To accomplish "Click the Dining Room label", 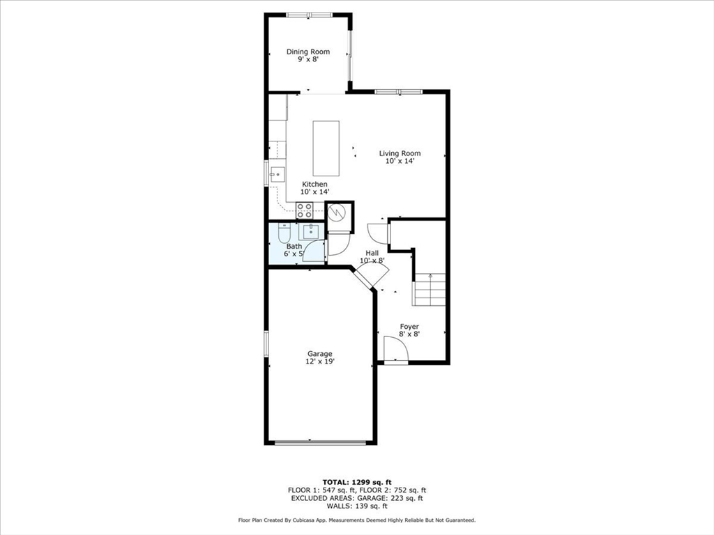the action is pyautogui.click(x=307, y=52).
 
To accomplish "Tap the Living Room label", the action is pyautogui.click(x=400, y=153).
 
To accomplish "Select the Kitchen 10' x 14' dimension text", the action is pyautogui.click(x=314, y=192).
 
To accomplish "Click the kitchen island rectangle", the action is pyautogui.click(x=326, y=148).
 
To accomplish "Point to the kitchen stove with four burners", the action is pyautogui.click(x=305, y=210).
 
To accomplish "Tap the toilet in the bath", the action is pyautogui.click(x=284, y=233).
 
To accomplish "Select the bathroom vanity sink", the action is pyautogui.click(x=312, y=231).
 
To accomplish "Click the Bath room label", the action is pyautogui.click(x=294, y=246).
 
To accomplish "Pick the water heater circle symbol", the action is pyautogui.click(x=338, y=212).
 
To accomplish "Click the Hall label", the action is pyautogui.click(x=372, y=253).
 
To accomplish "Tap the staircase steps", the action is pyautogui.click(x=429, y=289).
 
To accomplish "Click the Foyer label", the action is pyautogui.click(x=409, y=326).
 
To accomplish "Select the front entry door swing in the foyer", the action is pyautogui.click(x=396, y=350).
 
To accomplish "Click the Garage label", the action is pyautogui.click(x=320, y=353).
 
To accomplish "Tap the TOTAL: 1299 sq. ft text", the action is pyautogui.click(x=357, y=482).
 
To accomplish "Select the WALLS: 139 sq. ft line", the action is pyautogui.click(x=357, y=506).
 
